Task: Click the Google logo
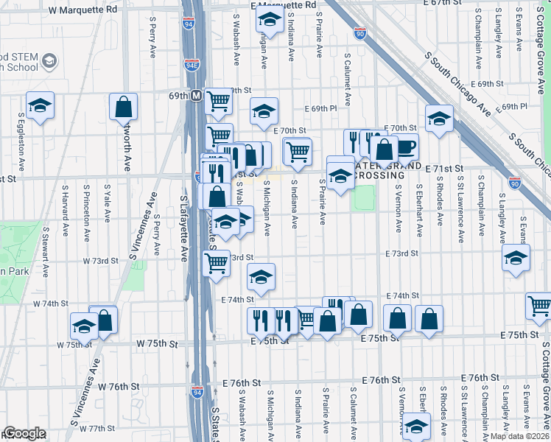[24, 432]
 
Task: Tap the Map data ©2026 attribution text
[520, 436]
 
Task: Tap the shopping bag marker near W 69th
[124, 107]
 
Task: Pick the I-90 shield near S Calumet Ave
[359, 33]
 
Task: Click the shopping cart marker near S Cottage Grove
[539, 306]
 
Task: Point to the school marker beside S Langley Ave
[516, 259]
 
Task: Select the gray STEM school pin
[49, 60]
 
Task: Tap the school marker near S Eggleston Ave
[40, 105]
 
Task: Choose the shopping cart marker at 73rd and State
[215, 263]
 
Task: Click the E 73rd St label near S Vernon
[401, 253]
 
